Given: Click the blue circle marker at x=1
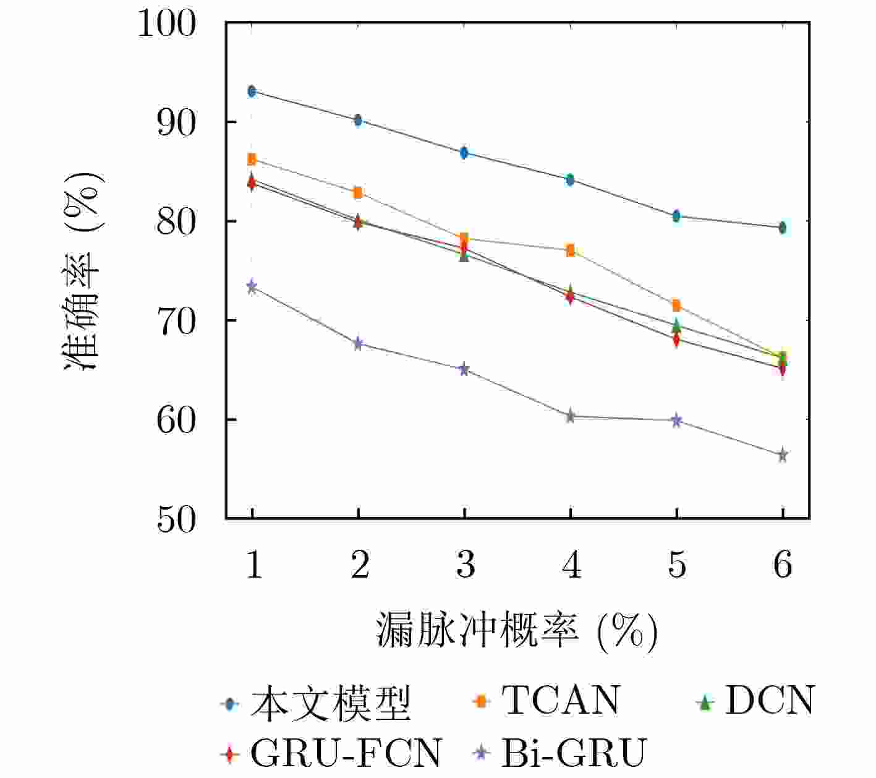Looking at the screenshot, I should pos(252,92).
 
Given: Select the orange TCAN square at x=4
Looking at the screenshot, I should pos(570,250).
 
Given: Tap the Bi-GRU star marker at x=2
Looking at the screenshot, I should pos(358,344).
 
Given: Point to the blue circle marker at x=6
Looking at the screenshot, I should pos(783,228).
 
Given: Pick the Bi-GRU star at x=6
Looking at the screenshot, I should pos(783,455).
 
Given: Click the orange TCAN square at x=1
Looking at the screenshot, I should pos(252,160).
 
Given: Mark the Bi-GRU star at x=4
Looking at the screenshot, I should pos(570,416).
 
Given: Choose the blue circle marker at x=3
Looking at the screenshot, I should pos(464,153).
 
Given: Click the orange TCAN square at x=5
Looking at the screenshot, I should pos(676,306).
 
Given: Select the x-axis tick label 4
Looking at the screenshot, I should pos(571,565).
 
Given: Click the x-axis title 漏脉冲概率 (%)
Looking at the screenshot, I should pos(517,631).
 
